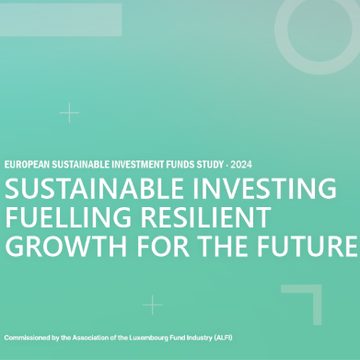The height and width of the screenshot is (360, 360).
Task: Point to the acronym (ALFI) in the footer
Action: (x=222, y=337)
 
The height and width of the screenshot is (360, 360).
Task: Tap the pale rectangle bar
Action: (x=60, y=19)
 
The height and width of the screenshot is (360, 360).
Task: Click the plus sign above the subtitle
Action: (x=69, y=113)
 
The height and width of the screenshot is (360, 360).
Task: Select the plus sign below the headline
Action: (x=153, y=305)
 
